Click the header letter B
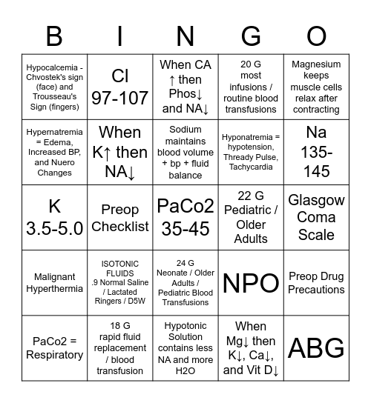pyautogui.click(x=54, y=36)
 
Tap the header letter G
pyautogui.click(x=251, y=36)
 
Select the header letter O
pyautogui.click(x=316, y=36)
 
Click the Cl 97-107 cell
pyautogui.click(x=119, y=87)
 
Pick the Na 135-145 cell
pyautogui.click(x=316, y=152)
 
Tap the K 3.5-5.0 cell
pyautogui.click(x=54, y=217)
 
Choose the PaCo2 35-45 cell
pyautogui.click(x=185, y=217)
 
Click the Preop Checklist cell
pyautogui.click(x=119, y=217)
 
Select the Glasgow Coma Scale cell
pyautogui.click(x=316, y=217)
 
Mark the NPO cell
pyautogui.click(x=251, y=282)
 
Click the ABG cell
pyautogui.click(x=316, y=347)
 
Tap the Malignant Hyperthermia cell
pyautogui.click(x=54, y=282)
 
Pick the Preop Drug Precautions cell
pyautogui.click(x=316, y=282)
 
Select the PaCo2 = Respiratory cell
pyautogui.click(x=54, y=347)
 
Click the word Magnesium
pyautogui.click(x=316, y=64)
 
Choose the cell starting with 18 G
pyautogui.click(x=119, y=347)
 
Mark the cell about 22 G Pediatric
pyautogui.click(x=251, y=217)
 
